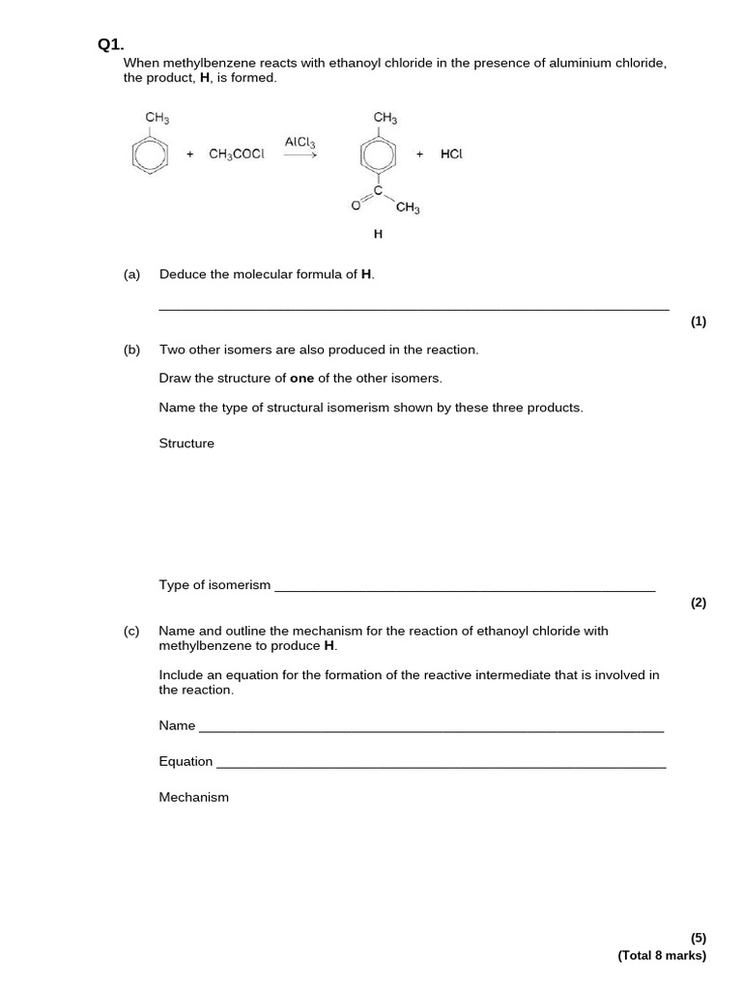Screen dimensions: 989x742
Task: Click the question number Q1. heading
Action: click(111, 43)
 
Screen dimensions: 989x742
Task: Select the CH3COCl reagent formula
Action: click(236, 155)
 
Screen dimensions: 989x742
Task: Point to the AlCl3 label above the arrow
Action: click(300, 142)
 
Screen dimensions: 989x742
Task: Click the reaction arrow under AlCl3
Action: click(300, 155)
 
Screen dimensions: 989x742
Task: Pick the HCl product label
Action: click(451, 155)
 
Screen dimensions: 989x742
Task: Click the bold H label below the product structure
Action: click(378, 234)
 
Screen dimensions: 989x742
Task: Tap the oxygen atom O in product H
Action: click(355, 205)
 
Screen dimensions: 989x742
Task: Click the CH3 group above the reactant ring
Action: click(157, 118)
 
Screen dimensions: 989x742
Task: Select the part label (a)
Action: click(131, 274)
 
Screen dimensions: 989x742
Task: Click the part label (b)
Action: click(131, 350)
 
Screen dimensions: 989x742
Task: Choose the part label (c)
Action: click(131, 631)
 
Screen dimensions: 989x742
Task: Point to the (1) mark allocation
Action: click(699, 323)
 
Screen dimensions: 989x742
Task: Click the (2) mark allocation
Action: click(699, 603)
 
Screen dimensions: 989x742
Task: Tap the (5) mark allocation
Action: click(699, 938)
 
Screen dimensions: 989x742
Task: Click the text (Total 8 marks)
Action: click(662, 955)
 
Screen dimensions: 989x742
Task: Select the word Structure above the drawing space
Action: click(186, 443)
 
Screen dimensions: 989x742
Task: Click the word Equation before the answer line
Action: click(185, 761)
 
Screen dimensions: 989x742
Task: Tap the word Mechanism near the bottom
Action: click(193, 797)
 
